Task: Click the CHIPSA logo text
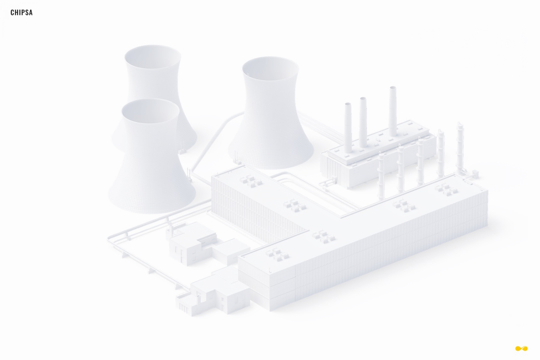pyautogui.click(x=22, y=13)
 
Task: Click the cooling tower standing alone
pyautogui.click(x=270, y=113)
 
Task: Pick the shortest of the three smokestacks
pyautogui.click(x=348, y=128)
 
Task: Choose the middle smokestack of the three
pyautogui.click(x=363, y=122)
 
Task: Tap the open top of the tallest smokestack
pyautogui.click(x=393, y=88)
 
